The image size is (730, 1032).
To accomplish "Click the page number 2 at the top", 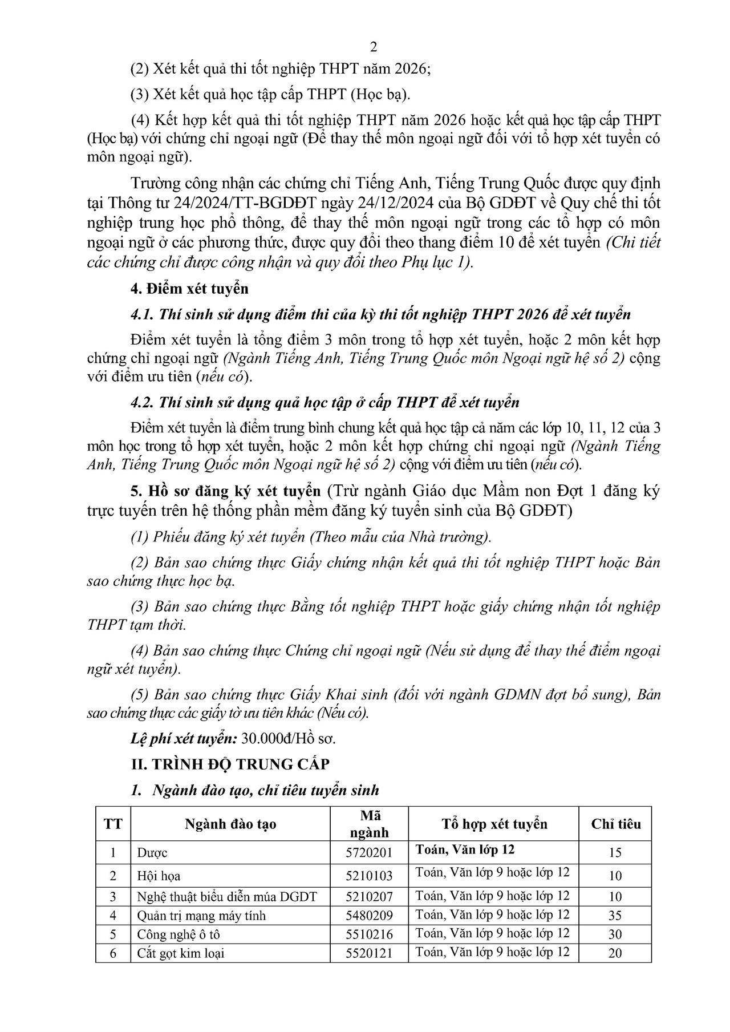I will tap(374, 47).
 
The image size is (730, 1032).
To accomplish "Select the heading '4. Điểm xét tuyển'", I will tap(189, 289).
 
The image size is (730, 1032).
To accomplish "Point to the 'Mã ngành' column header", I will tap(369, 824).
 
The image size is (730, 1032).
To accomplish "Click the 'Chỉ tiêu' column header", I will tap(615, 824).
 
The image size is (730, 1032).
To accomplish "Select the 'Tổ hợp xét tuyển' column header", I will tap(494, 824).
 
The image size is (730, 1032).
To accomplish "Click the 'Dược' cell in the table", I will tap(152, 853).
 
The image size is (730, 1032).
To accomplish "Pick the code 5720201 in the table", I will tap(369, 853).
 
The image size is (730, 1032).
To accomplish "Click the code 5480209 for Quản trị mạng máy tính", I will tap(369, 916).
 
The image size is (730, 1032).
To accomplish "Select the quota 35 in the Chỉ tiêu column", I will tap(615, 916).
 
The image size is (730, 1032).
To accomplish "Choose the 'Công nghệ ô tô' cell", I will tap(178, 934).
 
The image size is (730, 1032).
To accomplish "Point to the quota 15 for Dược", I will tap(615, 853).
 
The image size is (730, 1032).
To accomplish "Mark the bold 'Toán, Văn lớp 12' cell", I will tap(465, 849).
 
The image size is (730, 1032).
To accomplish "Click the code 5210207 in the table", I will tap(369, 896).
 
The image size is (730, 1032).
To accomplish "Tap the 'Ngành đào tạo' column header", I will tap(230, 824).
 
